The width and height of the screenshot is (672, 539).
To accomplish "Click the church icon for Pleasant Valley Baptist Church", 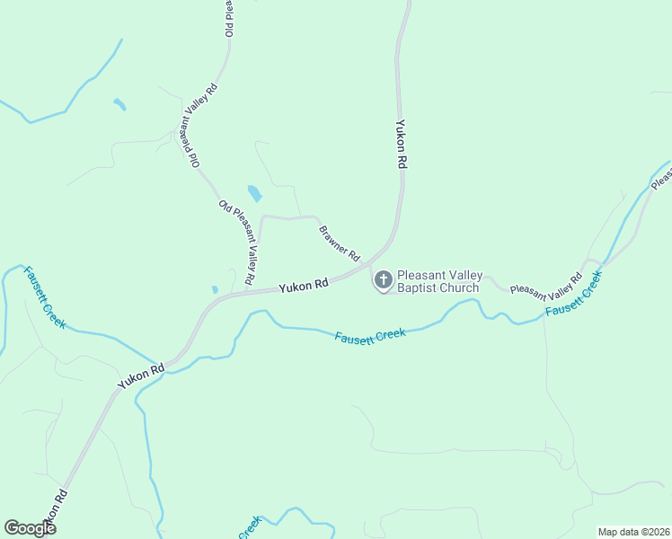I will click(x=383, y=280).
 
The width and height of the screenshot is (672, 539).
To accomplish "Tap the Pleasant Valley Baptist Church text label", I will click(x=440, y=282).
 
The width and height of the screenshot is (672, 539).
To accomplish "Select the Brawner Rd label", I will click(x=339, y=243).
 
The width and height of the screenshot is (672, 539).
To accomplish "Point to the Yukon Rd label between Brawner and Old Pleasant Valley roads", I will click(x=303, y=287).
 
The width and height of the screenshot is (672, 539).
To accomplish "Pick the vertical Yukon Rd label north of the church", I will click(x=402, y=145).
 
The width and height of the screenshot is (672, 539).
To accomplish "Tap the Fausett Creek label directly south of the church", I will click(x=370, y=335).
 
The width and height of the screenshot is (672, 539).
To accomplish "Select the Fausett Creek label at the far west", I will click(x=44, y=297).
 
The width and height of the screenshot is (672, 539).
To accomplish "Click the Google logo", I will click(x=31, y=528).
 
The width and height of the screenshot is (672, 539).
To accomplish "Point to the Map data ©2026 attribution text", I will click(x=632, y=532).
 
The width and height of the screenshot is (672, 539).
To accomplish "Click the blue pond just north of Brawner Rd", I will click(x=255, y=193).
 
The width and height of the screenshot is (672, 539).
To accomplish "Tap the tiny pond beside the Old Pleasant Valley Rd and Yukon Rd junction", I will click(x=215, y=289).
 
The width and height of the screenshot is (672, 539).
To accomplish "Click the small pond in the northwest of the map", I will click(x=119, y=104).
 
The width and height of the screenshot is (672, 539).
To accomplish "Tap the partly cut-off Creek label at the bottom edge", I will click(x=249, y=528).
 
